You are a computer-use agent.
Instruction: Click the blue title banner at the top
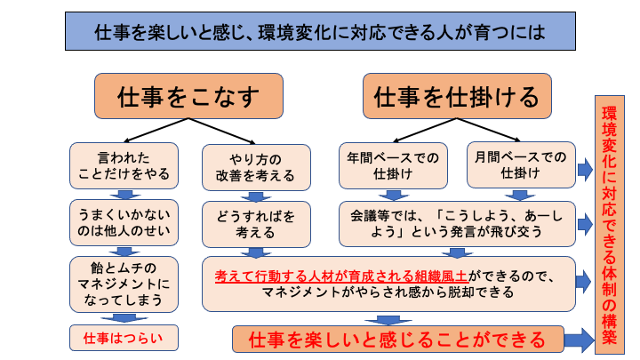coord(319,33)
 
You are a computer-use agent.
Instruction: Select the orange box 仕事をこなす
coord(188,96)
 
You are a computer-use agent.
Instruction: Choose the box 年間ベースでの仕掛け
coord(393,165)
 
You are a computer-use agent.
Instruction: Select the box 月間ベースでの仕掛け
coord(521,165)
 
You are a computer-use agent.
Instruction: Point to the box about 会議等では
coord(457,222)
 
